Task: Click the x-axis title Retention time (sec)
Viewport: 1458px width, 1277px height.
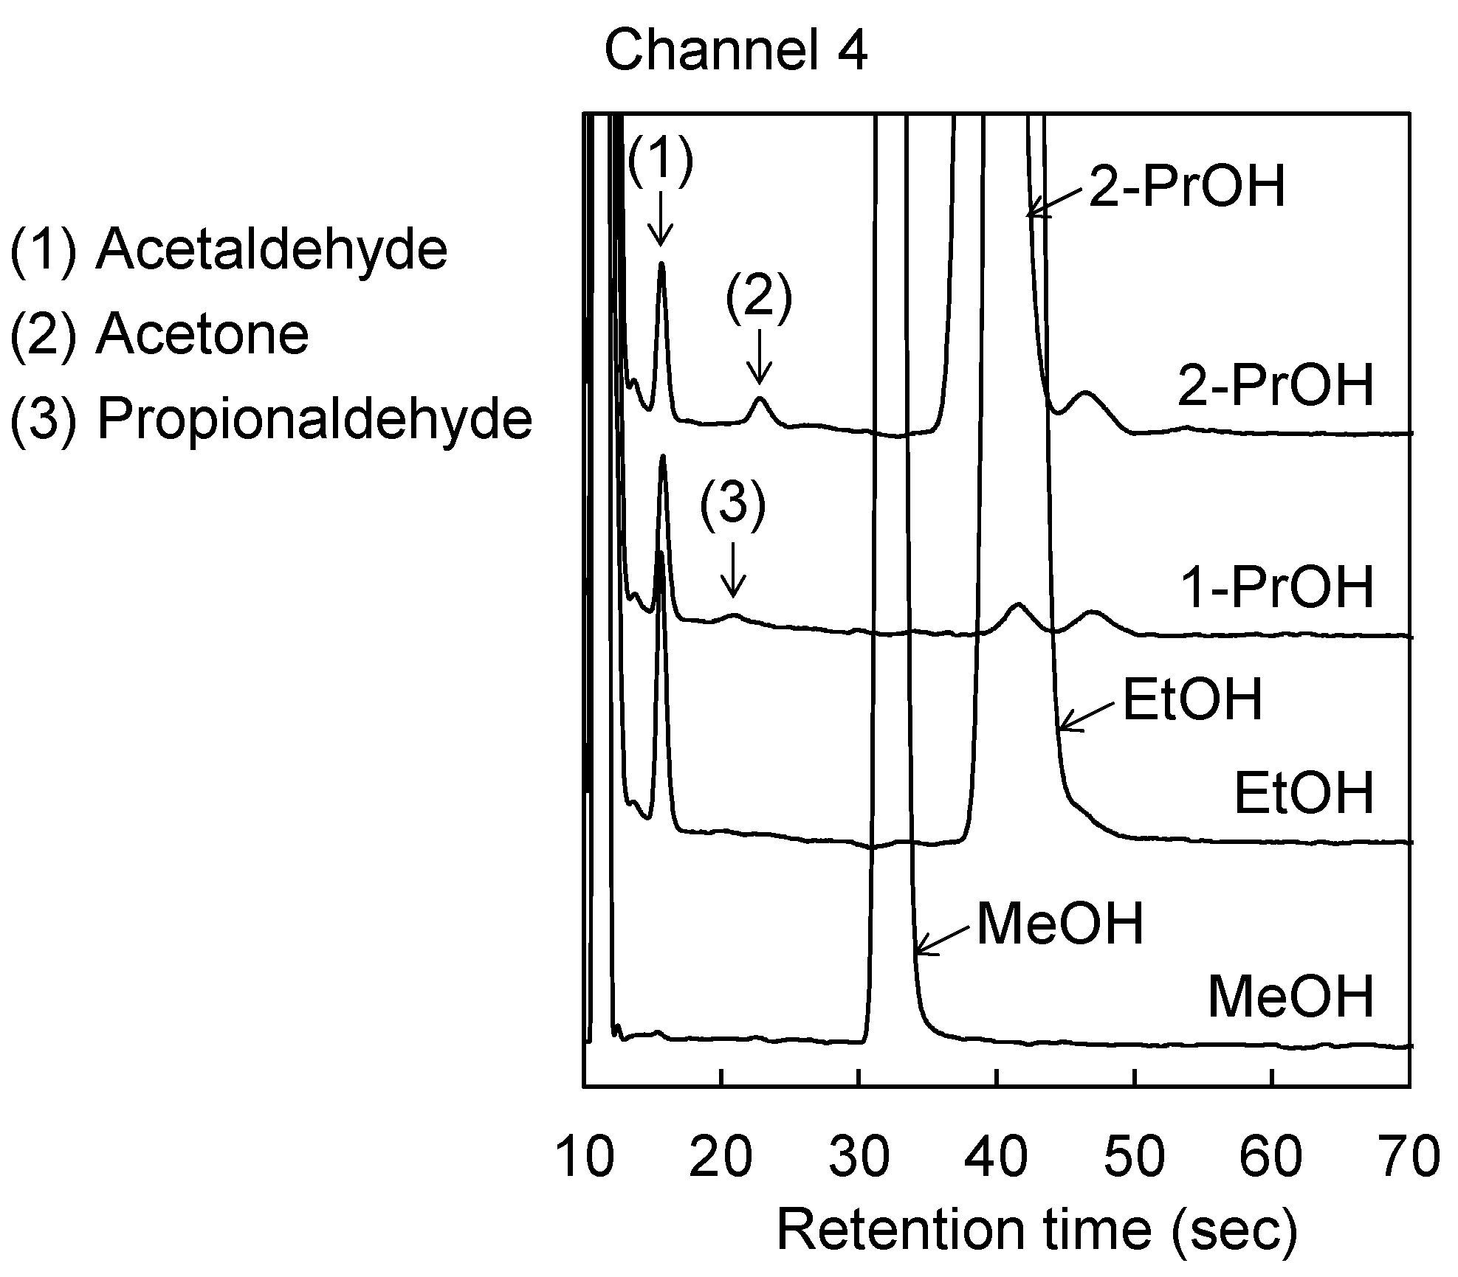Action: click(1036, 1229)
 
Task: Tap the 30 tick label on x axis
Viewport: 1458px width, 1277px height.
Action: click(859, 1157)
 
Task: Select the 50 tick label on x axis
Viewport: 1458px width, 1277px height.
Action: click(1135, 1157)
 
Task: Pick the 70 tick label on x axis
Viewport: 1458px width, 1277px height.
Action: click(1409, 1157)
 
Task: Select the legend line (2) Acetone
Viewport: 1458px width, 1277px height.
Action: click(159, 334)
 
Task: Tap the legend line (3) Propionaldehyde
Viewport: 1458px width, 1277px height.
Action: click(270, 419)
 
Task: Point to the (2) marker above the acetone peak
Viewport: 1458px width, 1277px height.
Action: click(758, 300)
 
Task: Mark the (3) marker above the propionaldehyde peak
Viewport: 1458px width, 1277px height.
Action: click(732, 508)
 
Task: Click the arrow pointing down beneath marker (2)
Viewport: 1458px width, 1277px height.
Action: click(759, 358)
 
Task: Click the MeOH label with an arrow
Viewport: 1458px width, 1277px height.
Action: click(1059, 924)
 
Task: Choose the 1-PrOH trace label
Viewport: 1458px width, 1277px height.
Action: click(1278, 588)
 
